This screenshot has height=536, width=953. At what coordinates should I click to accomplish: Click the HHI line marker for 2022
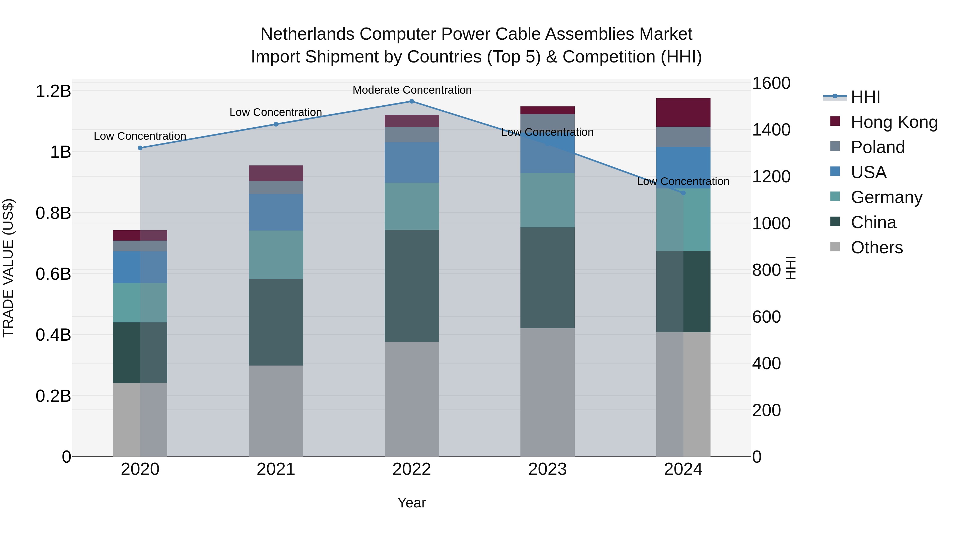(x=411, y=101)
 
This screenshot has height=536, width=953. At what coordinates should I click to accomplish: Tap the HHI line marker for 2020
(x=140, y=148)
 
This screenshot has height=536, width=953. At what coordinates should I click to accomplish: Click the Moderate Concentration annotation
(x=412, y=90)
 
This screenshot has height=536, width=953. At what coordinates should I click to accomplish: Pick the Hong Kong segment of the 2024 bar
(x=683, y=113)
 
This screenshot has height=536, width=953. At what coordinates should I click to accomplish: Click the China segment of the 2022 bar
(x=411, y=286)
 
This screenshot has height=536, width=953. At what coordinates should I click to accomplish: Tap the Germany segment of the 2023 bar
(x=547, y=200)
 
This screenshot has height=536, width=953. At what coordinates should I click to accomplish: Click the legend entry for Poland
(x=878, y=147)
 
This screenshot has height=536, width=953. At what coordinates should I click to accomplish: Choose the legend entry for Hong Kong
(x=894, y=122)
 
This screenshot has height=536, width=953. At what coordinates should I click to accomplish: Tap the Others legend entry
(x=876, y=247)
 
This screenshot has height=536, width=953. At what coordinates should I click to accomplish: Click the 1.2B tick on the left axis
(x=53, y=91)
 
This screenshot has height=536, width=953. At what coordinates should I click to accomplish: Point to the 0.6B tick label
(x=53, y=274)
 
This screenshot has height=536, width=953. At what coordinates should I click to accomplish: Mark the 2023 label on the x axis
(x=547, y=469)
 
